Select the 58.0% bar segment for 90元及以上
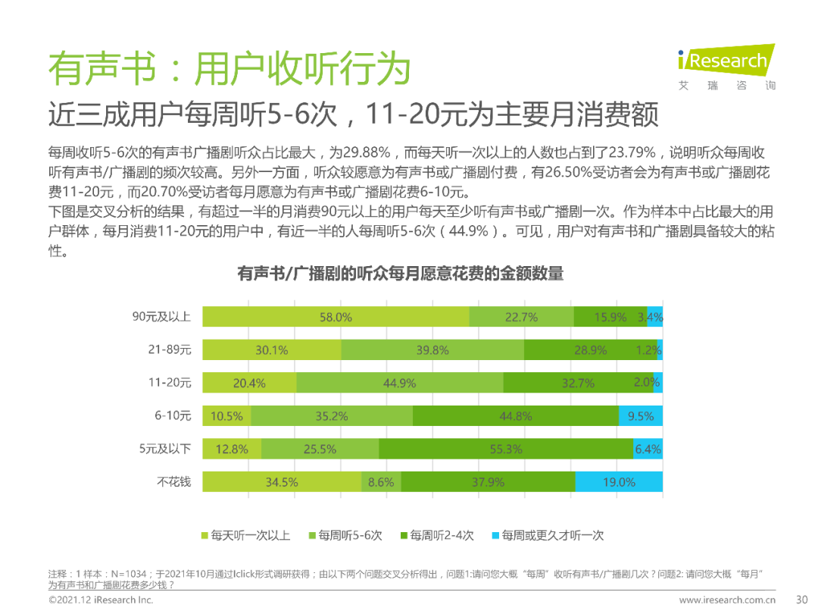pos(336,318)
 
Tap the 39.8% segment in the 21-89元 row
pos(432,350)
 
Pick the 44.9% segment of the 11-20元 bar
pos(399,383)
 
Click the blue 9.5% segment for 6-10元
pos(641,415)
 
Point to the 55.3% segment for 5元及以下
pos(505,449)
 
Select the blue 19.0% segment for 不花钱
pos(619,481)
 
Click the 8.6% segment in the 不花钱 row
pos(381,481)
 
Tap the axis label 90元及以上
pos(161,317)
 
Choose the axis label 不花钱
pos(174,481)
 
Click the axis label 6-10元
pos(173,415)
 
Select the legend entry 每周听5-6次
pos(345,535)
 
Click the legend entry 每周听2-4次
pos(436,535)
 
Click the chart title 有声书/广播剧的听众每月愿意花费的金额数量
pos(401,274)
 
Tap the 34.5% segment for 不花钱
pos(282,481)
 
